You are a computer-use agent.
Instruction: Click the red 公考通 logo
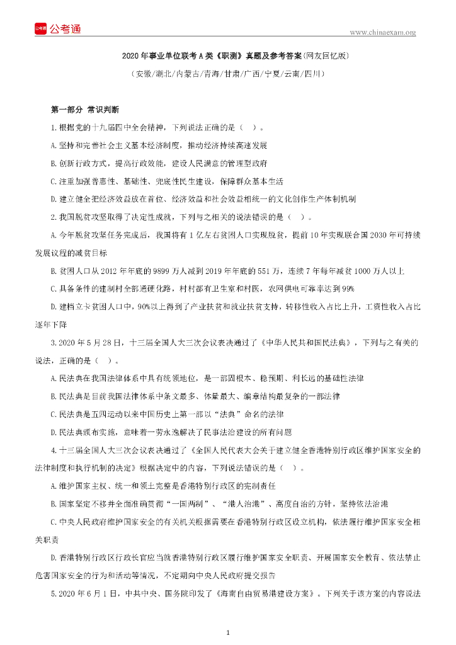(x=57, y=28)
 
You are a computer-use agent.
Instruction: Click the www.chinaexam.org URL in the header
(x=382, y=32)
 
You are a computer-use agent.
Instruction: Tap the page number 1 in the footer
(x=228, y=631)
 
